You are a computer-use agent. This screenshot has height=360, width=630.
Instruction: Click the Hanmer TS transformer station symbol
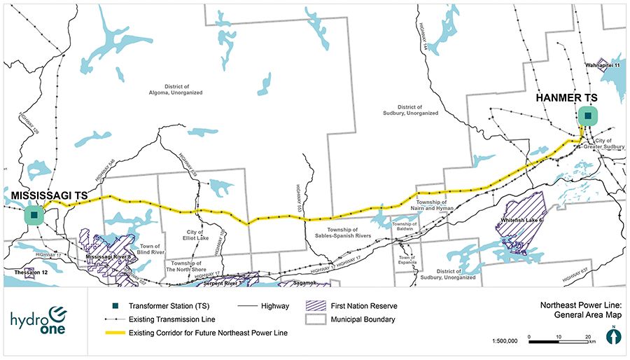[x=588, y=116]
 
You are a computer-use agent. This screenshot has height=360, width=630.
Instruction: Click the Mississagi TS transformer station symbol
[x=34, y=215]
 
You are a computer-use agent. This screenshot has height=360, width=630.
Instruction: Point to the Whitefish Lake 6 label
[x=523, y=221]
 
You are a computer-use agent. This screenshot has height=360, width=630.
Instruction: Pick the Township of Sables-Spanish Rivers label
[x=342, y=233]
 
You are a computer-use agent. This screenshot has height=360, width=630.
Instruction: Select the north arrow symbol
[x=614, y=335]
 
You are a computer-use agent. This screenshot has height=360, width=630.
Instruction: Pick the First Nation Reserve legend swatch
[x=316, y=306]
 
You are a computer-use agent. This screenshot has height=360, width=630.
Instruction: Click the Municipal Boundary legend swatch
[x=316, y=319]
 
